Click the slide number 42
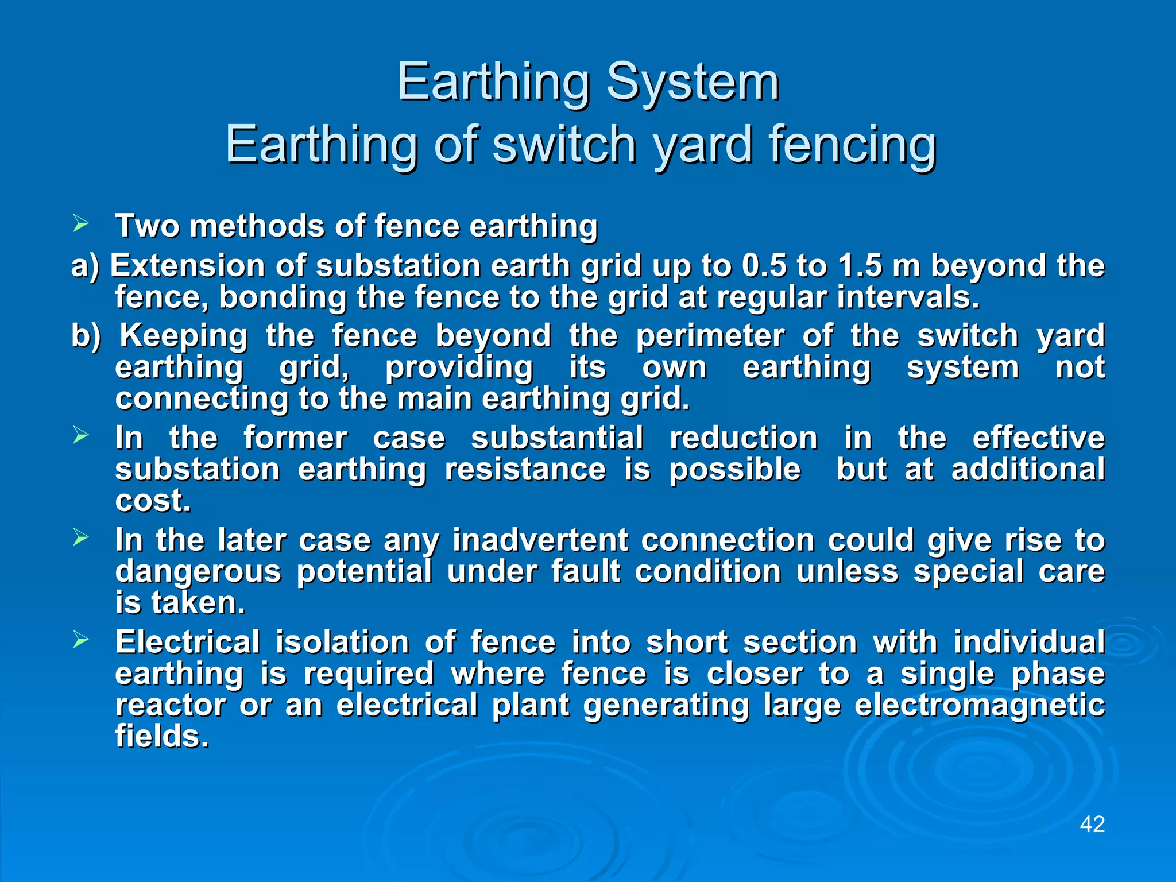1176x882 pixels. tap(1092, 824)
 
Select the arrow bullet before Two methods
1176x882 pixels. tap(80, 223)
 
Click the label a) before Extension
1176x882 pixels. tap(85, 267)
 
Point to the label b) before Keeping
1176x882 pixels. tap(86, 336)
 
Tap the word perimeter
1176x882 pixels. tap(710, 336)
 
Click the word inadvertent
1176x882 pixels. tap(540, 541)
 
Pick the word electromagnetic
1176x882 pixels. tap(979, 706)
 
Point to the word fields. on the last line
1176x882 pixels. tap(162, 736)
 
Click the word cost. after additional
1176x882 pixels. tap(153, 501)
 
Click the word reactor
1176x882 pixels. tap(171, 706)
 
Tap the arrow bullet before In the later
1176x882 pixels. tap(80, 537)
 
